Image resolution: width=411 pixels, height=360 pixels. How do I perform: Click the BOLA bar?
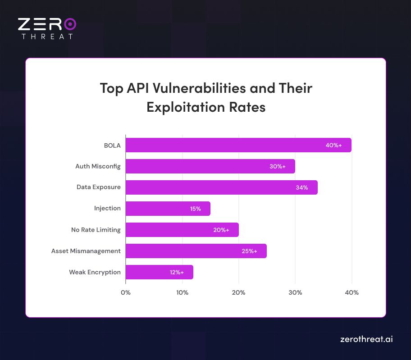click(x=238, y=145)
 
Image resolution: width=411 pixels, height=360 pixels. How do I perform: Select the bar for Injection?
click(x=168, y=209)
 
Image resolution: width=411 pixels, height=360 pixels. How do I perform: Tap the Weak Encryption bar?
click(x=159, y=272)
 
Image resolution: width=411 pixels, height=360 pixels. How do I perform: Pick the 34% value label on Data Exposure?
click(x=302, y=187)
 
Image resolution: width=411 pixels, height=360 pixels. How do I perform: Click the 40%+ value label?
click(x=333, y=145)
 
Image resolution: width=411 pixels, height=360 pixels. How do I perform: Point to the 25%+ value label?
click(x=249, y=251)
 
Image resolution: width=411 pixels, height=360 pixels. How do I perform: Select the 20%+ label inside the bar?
click(x=221, y=230)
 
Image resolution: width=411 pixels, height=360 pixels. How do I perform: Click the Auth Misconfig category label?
click(x=98, y=166)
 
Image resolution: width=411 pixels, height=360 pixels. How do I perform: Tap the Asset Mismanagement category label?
click(x=86, y=251)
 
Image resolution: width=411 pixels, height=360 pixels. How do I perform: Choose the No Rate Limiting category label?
click(x=96, y=230)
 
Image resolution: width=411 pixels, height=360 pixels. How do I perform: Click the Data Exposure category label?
click(x=98, y=187)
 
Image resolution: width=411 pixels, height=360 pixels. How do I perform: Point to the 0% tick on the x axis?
click(x=126, y=292)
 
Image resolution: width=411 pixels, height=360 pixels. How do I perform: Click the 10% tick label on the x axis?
click(x=182, y=292)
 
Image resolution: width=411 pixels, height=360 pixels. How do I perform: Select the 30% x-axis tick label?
click(x=295, y=292)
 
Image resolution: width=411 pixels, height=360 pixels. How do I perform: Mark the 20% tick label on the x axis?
click(x=238, y=292)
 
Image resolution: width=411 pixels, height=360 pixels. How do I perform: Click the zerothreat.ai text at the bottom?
click(x=366, y=339)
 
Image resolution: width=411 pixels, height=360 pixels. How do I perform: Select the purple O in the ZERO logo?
click(x=70, y=24)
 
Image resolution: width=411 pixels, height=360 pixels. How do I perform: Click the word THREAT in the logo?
click(x=47, y=36)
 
